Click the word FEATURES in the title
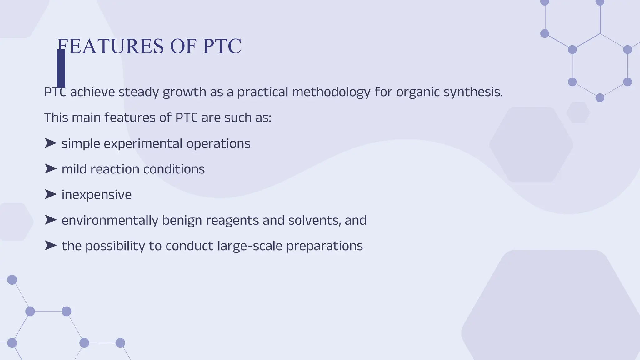point(110,46)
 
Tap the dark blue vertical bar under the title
point(61,68)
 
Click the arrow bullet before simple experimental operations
point(50,143)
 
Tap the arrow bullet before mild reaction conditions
point(50,169)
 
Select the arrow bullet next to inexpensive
point(50,195)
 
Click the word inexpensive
point(97,195)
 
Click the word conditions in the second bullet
point(174,169)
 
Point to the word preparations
point(324,246)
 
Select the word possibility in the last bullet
point(115,246)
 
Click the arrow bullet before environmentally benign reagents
point(50,220)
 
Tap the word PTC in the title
point(222,46)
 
